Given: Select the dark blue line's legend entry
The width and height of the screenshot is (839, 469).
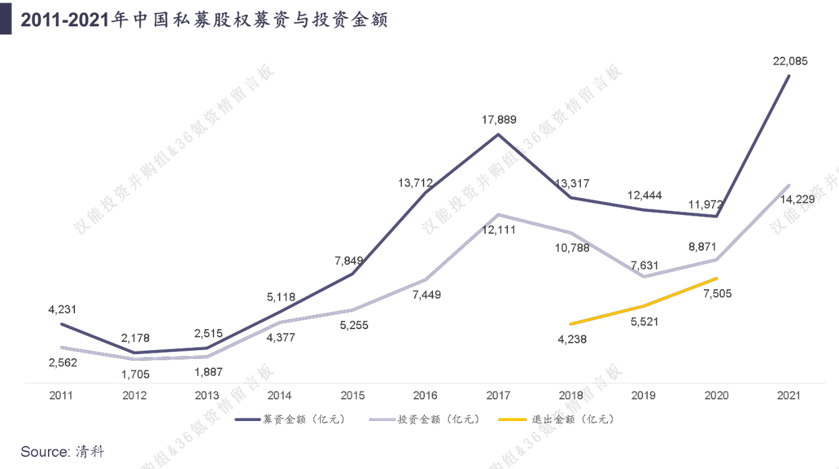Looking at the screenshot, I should point(290,420).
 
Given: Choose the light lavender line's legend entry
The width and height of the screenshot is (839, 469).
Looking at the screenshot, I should point(425,420).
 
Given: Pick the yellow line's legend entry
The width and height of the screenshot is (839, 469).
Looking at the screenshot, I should point(557,420).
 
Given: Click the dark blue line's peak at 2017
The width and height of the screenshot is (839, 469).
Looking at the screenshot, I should point(499,134).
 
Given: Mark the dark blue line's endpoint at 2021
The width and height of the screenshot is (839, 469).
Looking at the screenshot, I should point(790,76).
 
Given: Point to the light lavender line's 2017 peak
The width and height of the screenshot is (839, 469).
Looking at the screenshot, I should point(499,215).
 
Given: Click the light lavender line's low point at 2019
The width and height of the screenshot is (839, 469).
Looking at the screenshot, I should point(644,276).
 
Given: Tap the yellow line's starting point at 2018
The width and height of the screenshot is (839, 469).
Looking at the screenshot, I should point(571,324).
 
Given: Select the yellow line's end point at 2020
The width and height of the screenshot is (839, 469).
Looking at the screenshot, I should point(716,278).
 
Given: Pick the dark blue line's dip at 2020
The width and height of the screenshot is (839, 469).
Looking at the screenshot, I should point(717,217).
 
